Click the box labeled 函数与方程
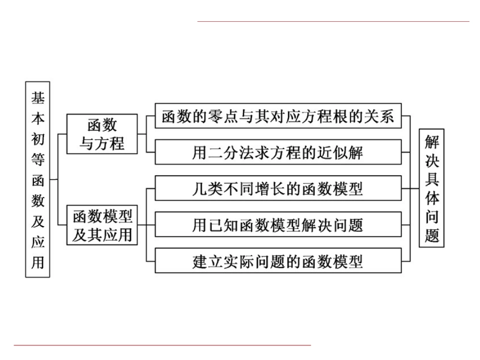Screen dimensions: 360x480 click(102, 134)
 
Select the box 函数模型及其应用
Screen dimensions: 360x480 click(102, 225)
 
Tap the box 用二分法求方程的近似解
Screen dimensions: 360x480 click(278, 152)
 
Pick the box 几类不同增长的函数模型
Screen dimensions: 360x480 click(278, 188)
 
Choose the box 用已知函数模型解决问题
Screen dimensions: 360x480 click(278, 225)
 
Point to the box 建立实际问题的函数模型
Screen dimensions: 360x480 click(278, 261)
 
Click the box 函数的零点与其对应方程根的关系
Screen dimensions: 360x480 click(278, 116)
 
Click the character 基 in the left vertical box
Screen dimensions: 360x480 click(38, 97)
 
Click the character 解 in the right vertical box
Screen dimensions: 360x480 click(432, 141)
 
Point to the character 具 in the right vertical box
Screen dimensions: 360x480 click(432, 179)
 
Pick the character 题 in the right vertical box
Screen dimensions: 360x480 click(432, 235)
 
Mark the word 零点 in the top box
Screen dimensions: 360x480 click(230, 116)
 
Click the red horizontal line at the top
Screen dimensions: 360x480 click(333, 21)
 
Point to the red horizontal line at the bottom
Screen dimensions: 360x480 click(162, 345)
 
